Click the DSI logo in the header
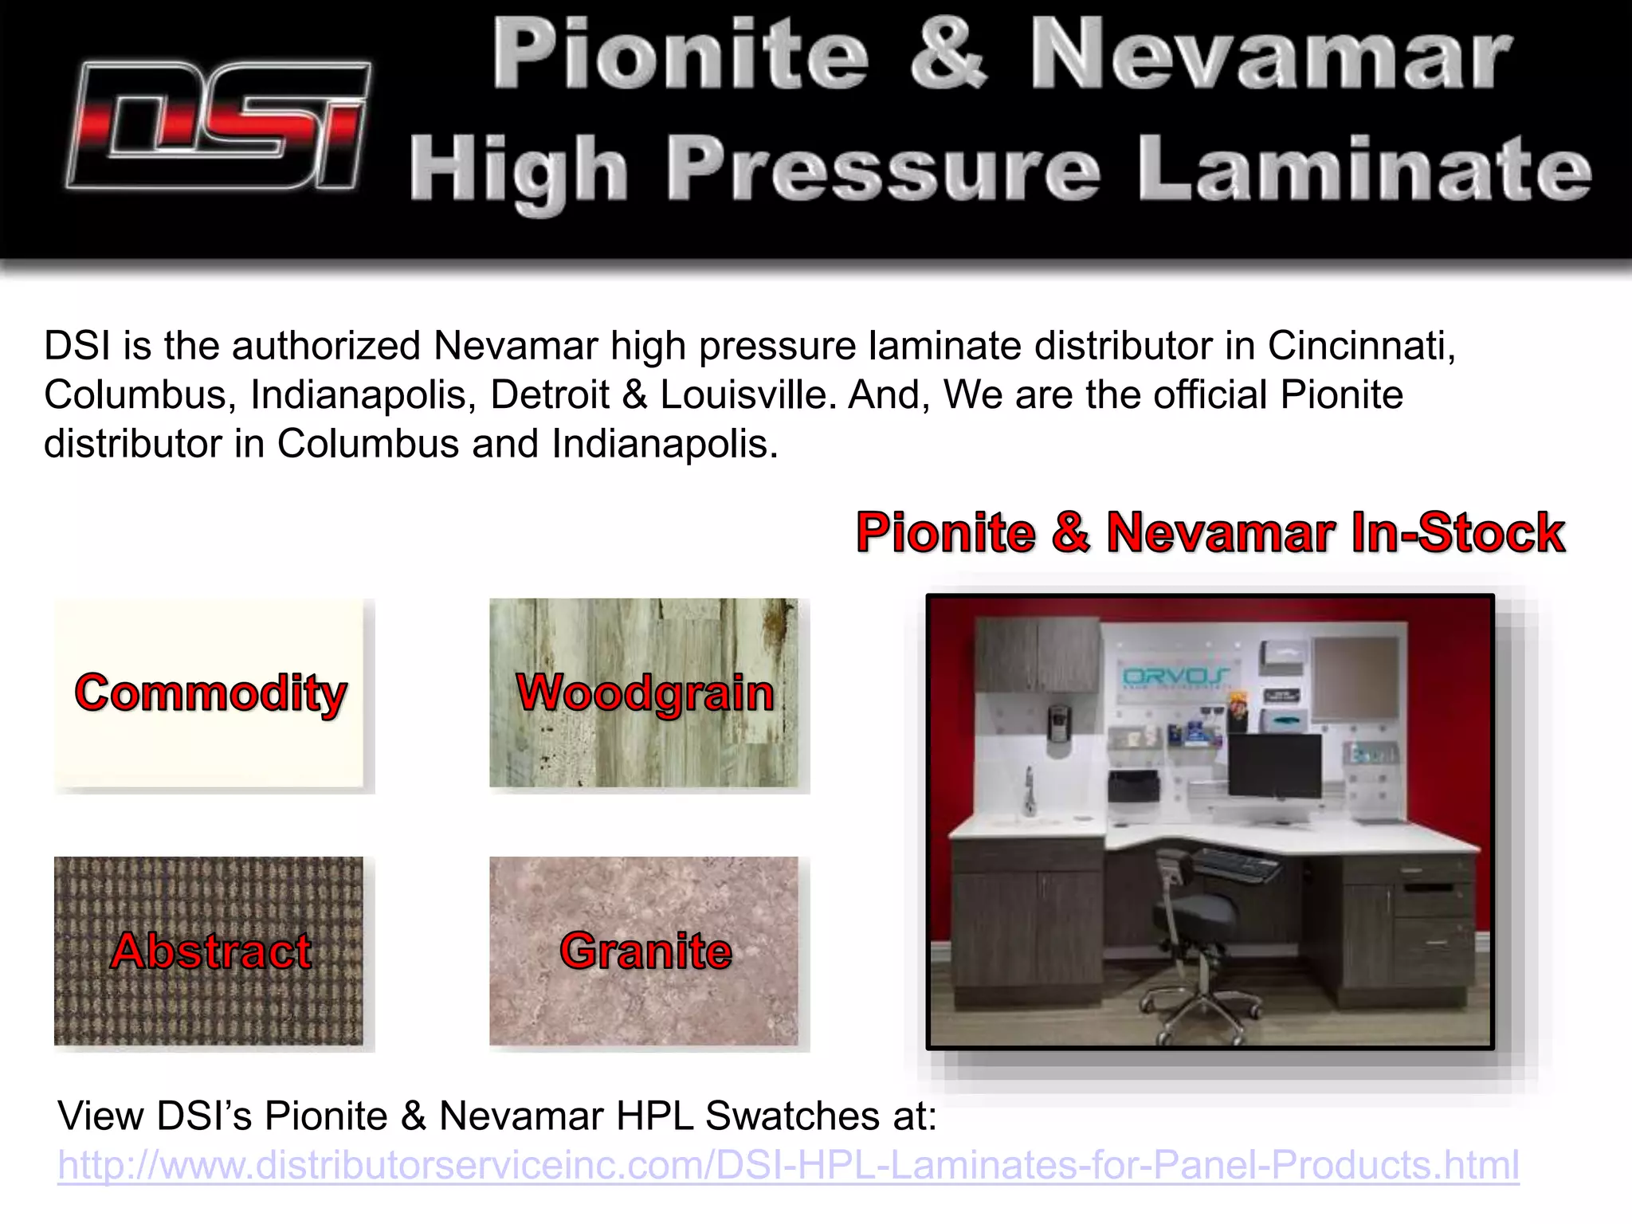[218, 126]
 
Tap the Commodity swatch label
[210, 692]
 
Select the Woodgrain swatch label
[645, 692]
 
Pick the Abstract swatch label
[210, 951]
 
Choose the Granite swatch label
[645, 951]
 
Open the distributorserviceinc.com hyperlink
[788, 1165]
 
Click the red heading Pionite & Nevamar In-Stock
[1210, 532]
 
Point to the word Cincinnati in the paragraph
[1361, 346]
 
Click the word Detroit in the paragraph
[550, 395]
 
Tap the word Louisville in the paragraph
[743, 395]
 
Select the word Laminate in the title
[1364, 169]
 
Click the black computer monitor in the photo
[1275, 765]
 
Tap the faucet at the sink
[1030, 789]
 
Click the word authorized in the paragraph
[325, 346]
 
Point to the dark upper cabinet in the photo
[1038, 653]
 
